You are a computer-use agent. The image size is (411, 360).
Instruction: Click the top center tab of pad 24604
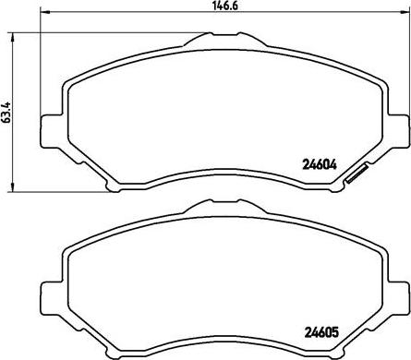tap(208, 40)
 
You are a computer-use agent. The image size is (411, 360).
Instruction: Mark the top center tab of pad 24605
tap(208, 209)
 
